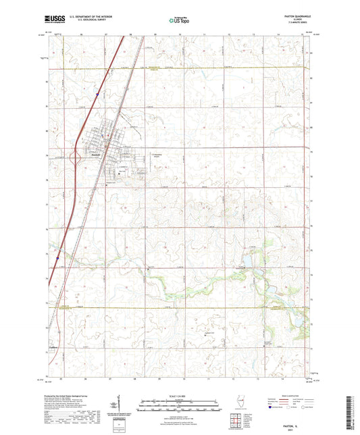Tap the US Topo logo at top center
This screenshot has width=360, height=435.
coord(177,21)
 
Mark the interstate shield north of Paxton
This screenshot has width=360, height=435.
coord(97,95)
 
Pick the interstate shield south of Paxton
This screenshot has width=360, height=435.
coord(58,257)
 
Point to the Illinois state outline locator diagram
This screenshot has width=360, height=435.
coord(244,404)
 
